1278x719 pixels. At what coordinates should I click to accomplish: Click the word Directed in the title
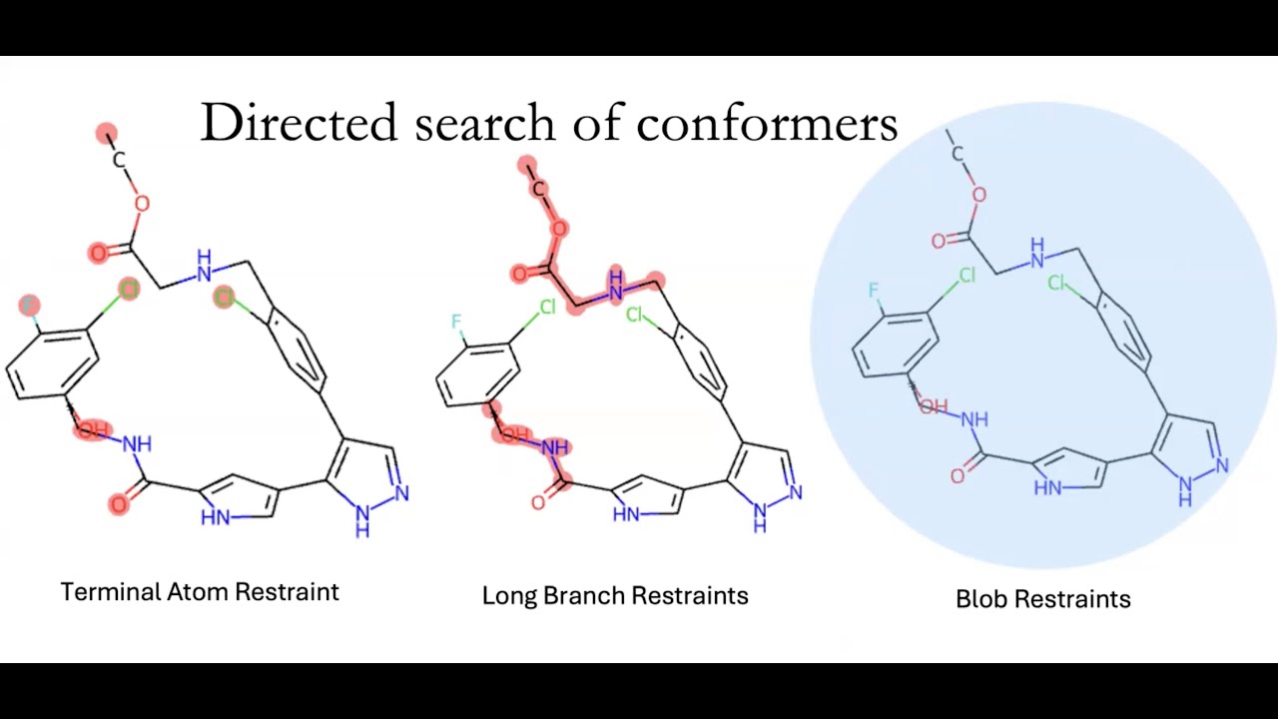coord(299,122)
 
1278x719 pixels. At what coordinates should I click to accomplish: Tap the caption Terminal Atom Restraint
coord(200,592)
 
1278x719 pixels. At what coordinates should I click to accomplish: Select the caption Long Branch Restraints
coord(615,595)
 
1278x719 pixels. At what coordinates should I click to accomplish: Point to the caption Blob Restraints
coord(1043,599)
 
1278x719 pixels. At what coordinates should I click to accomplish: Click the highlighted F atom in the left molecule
coord(29,306)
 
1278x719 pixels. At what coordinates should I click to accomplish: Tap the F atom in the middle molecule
coord(456,322)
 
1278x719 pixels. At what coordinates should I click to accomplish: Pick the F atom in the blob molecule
coord(874,291)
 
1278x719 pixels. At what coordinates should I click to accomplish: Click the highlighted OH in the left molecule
coord(93,429)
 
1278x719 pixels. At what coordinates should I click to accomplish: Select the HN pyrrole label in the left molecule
coord(216,517)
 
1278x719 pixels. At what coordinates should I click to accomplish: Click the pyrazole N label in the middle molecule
coord(796,492)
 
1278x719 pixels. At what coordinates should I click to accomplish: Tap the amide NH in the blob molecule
coord(974,420)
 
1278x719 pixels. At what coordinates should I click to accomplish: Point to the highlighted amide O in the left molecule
coord(119,504)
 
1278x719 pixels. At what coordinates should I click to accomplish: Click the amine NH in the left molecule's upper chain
coord(204,266)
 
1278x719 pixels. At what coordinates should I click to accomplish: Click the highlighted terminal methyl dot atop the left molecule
coord(107,134)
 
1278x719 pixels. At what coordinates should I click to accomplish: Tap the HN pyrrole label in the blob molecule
coord(1048,488)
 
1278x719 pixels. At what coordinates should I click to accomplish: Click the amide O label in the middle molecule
coord(537,502)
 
